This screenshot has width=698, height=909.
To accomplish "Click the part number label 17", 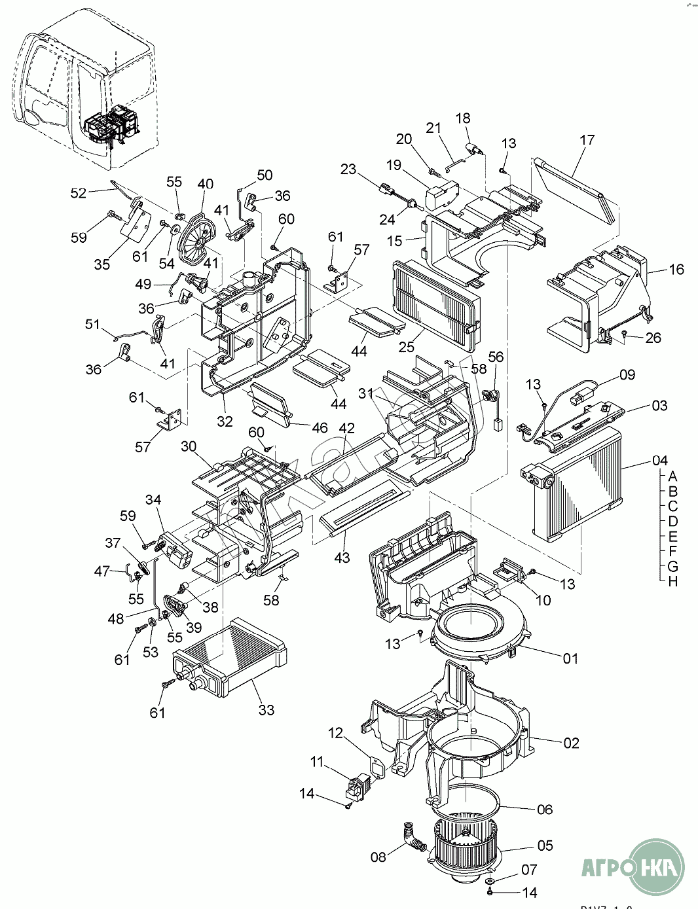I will pyautogui.click(x=587, y=139).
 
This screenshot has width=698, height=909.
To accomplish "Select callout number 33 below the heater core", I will pyautogui.click(x=266, y=709).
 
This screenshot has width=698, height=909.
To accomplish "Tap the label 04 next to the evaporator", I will pyautogui.click(x=659, y=461).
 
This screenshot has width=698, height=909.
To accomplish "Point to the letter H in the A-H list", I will pyautogui.click(x=673, y=581).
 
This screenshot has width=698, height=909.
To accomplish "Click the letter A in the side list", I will pyautogui.click(x=673, y=476).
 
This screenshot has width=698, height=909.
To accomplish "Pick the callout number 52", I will pyautogui.click(x=79, y=193).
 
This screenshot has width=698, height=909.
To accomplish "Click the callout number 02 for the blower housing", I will pyautogui.click(x=571, y=743).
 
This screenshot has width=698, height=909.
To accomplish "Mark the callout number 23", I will pyautogui.click(x=348, y=169).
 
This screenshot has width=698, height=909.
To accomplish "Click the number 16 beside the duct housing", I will pyautogui.click(x=676, y=269).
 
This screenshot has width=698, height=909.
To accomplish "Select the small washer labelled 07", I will pyautogui.click(x=491, y=882).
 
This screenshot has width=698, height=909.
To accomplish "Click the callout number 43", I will pyautogui.click(x=342, y=558).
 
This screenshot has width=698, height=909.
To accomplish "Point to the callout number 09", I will pyautogui.click(x=627, y=375).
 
